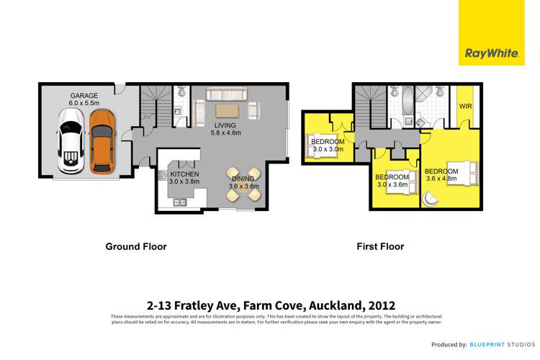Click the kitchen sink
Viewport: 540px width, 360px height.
point(179,202)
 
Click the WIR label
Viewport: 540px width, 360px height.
point(466,107)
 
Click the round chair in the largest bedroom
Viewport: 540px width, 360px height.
point(431,199)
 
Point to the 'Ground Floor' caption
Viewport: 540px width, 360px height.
point(136,246)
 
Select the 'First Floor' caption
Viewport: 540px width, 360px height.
point(380,246)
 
